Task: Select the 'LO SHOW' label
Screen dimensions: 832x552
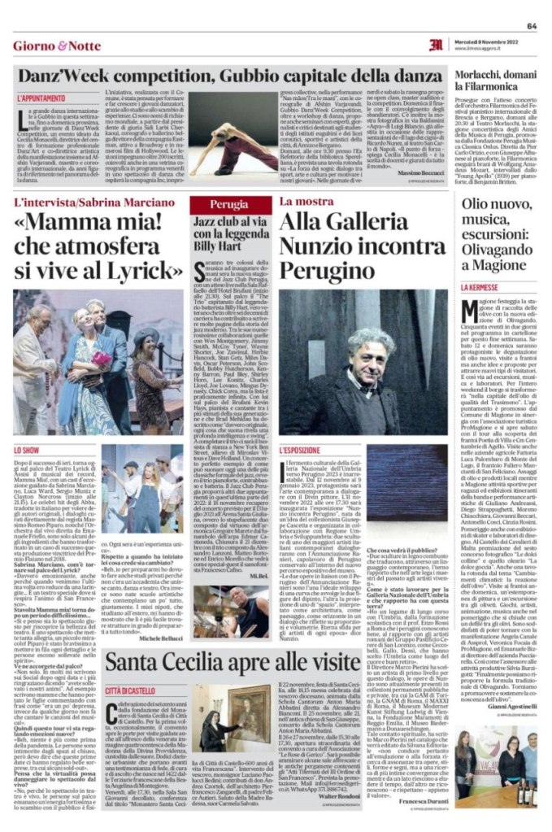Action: coord(28,449)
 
